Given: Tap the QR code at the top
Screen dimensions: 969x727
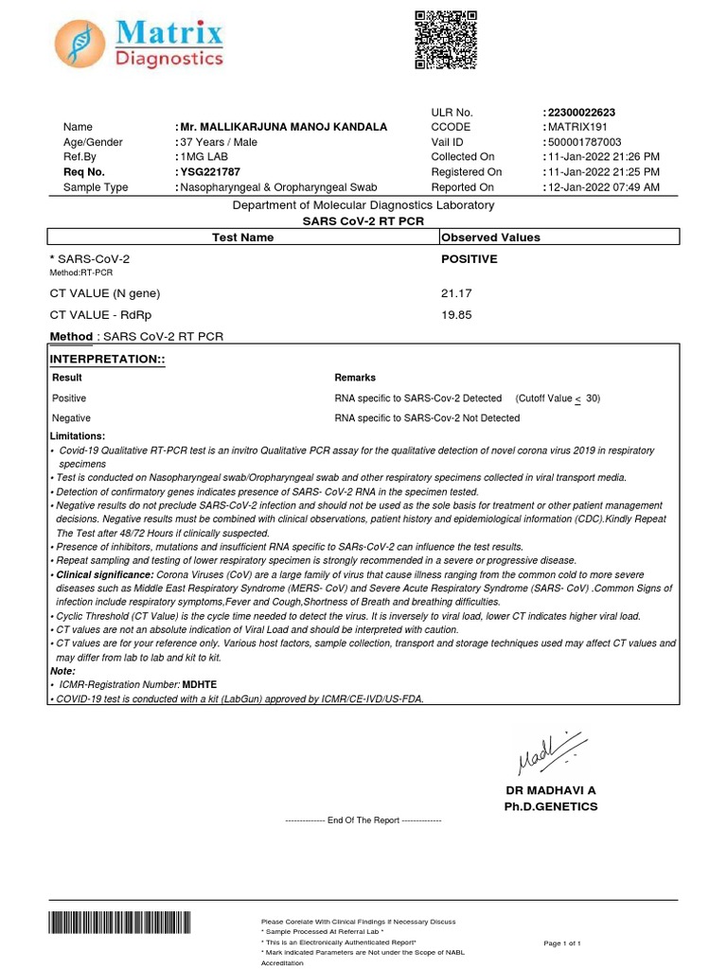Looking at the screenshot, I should click(446, 39).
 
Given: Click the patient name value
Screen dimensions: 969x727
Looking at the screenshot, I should click(284, 127).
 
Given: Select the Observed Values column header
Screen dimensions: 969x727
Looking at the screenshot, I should click(491, 238).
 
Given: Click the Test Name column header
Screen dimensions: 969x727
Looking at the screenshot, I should click(242, 238).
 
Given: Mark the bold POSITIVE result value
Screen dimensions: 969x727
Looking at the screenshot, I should click(470, 258).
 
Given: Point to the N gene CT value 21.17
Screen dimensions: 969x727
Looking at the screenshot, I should click(456, 294).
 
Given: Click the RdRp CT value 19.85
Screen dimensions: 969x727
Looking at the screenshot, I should click(456, 315).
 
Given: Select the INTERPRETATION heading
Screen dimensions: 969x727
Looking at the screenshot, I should click(107, 360).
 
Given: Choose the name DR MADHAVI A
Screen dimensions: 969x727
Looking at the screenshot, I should click(550, 790).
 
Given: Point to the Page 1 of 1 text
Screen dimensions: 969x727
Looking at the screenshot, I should click(562, 943).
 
